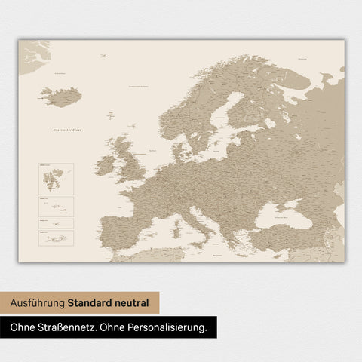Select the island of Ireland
point(106,164)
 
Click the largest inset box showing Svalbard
point(55,178)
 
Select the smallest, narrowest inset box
point(55,224)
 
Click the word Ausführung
point(37,304)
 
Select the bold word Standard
point(93,304)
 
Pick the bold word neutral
point(134,304)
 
